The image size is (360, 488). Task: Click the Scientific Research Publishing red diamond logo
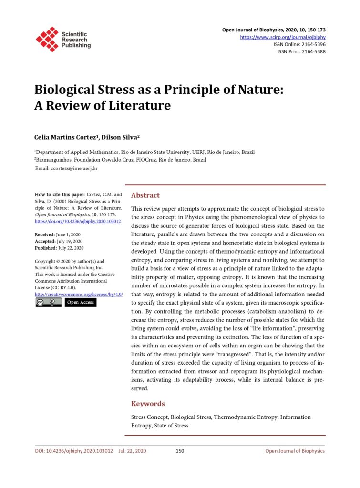[x=47, y=39]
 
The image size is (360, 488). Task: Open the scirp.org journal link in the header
[x=283, y=37]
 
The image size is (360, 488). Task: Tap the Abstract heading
[x=145, y=195]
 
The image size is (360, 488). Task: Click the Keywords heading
[x=148, y=404]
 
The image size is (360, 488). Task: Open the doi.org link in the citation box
[x=78, y=222]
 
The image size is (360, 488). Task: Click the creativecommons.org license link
[x=79, y=295]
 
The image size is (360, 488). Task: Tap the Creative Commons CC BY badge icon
[x=48, y=303]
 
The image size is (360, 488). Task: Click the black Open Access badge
[x=81, y=303]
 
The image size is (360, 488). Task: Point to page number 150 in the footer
[x=180, y=451]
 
